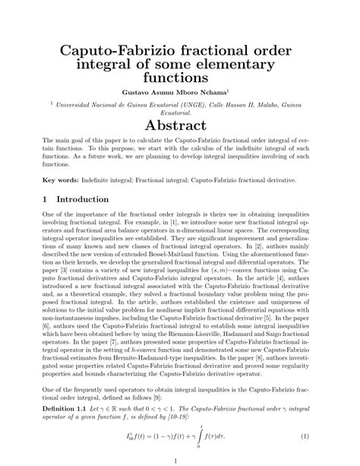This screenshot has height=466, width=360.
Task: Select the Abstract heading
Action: pyautogui.click(x=180, y=125)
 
